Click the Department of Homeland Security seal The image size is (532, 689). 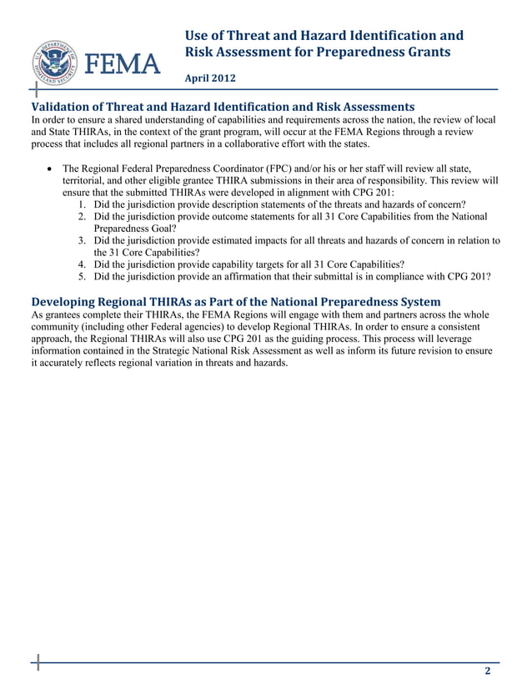tap(57, 63)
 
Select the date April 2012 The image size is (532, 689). tap(210, 78)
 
